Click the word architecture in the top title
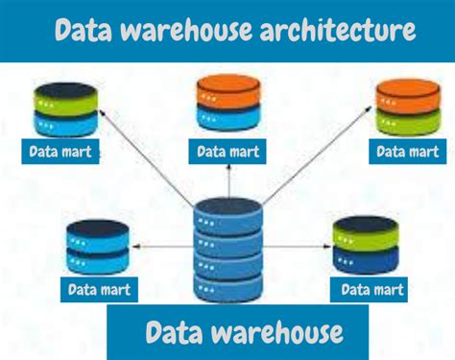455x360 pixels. point(337,32)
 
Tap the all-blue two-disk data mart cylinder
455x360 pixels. point(97,248)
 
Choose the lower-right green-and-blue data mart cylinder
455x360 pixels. point(365,246)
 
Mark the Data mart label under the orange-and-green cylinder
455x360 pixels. point(407,152)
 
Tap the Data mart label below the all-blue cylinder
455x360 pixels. point(99,288)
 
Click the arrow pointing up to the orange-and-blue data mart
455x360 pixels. point(227,179)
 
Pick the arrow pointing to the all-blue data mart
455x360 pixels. point(163,247)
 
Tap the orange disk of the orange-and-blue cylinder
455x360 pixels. point(227,93)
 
